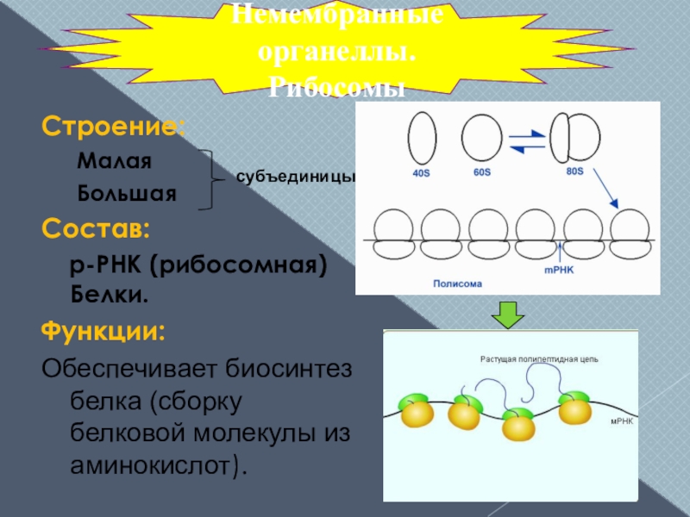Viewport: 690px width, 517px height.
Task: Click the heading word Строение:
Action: coord(113,128)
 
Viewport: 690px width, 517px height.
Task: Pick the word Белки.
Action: coord(109,295)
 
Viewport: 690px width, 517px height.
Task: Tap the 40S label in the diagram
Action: coord(422,173)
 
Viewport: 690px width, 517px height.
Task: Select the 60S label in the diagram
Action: coord(481,172)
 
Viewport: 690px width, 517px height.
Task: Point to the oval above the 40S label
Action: coord(421,139)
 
